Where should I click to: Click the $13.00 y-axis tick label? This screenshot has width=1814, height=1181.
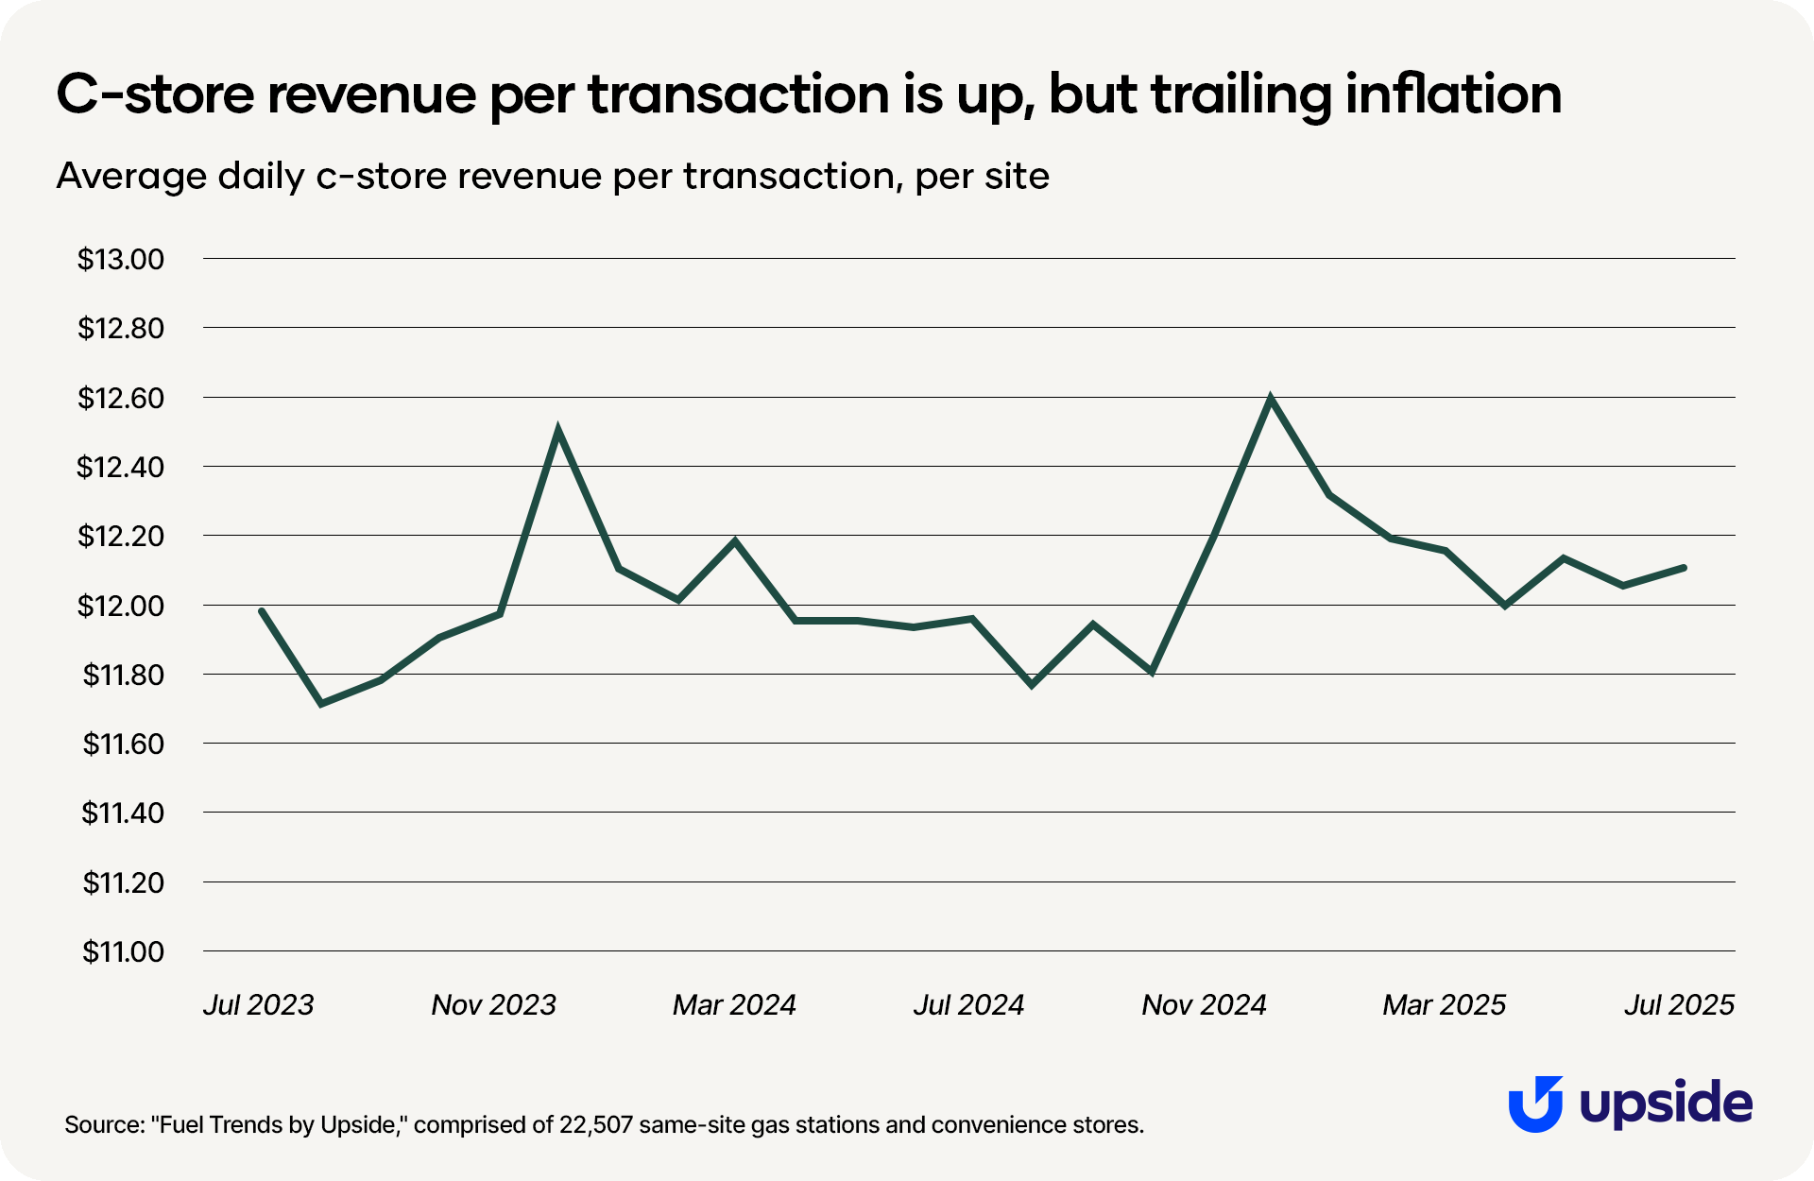[x=121, y=259]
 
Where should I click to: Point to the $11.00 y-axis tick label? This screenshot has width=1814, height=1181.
[x=123, y=951]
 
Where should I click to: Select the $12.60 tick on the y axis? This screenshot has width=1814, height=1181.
[x=121, y=398]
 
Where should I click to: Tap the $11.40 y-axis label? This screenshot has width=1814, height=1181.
[x=123, y=813]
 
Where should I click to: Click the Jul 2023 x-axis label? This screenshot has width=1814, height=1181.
[x=258, y=1004]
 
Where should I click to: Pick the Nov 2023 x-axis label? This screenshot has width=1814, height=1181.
[x=493, y=1004]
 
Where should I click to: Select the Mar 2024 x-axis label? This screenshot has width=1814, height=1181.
[x=734, y=1004]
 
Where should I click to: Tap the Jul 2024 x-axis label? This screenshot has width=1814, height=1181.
[x=968, y=1004]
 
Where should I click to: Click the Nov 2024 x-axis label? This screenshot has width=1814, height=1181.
[x=1204, y=1004]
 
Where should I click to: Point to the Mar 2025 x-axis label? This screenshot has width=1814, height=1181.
[x=1444, y=1004]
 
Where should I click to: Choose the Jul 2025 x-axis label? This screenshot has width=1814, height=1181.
[x=1679, y=1004]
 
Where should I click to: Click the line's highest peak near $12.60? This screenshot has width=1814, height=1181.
[x=1270, y=399]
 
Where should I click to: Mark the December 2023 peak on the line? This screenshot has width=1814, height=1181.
[x=558, y=431]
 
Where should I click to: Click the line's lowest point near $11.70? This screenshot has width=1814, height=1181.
[x=321, y=704]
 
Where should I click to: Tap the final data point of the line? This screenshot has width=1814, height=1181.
[x=1685, y=567]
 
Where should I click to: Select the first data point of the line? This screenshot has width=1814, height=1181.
[x=261, y=610]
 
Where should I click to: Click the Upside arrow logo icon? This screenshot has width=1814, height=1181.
[x=1534, y=1104]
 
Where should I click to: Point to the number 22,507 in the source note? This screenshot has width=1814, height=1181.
[x=595, y=1124]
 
